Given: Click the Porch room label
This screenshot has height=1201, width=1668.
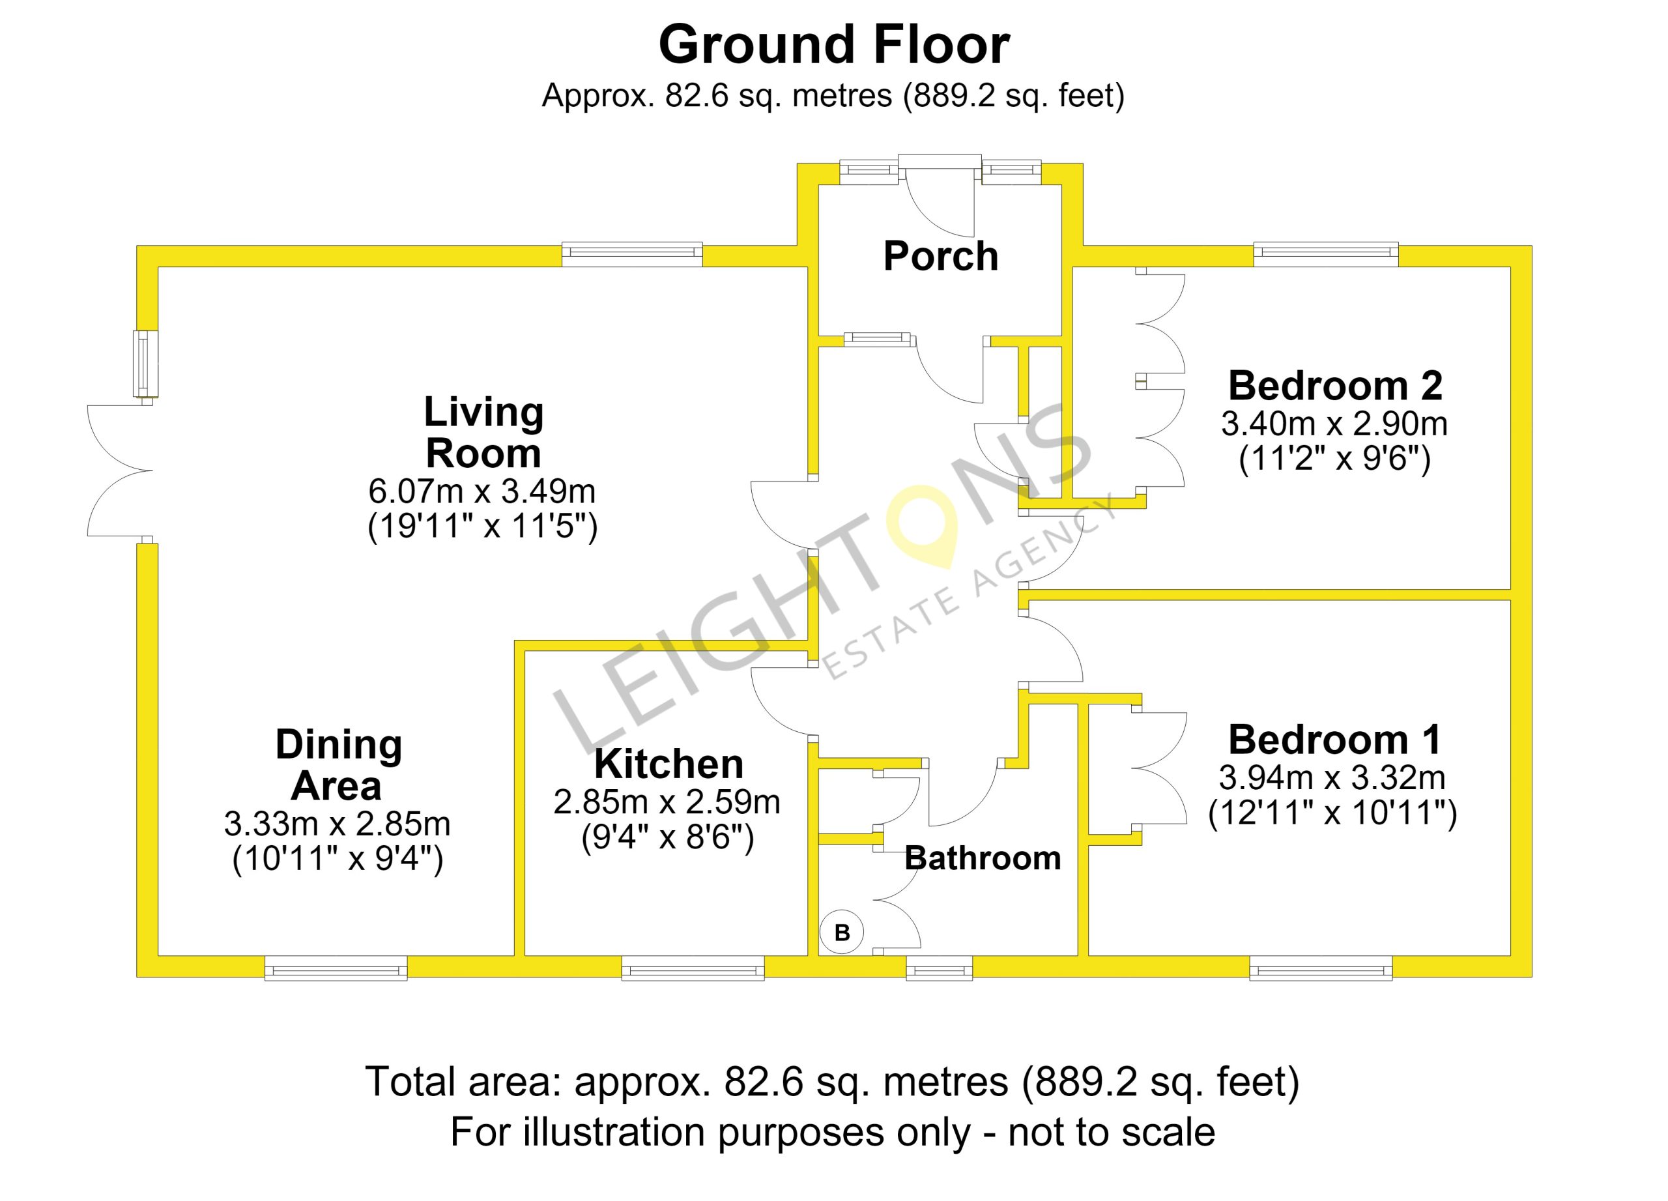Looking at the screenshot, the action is [x=941, y=257].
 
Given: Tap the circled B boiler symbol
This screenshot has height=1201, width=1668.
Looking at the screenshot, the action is [x=842, y=933].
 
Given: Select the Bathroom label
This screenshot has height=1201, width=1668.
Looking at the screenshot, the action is [x=983, y=858].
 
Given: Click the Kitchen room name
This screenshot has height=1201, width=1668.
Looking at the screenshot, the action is [x=669, y=764].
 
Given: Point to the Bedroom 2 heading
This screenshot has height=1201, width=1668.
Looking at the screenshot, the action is [x=1335, y=385].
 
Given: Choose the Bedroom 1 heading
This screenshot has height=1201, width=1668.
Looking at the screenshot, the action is [x=1334, y=739].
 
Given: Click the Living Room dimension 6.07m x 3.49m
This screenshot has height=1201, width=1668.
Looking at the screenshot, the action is [x=482, y=491].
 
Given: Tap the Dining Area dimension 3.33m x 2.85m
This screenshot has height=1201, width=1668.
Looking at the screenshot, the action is [x=337, y=824].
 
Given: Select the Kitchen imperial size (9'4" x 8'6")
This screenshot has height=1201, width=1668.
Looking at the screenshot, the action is [x=668, y=837].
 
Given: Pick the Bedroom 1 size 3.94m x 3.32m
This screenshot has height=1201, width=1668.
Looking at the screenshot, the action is [x=1332, y=777].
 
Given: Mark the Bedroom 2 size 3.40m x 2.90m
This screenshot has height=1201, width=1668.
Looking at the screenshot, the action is [x=1334, y=424].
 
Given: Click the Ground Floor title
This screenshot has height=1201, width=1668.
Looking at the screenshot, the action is [x=834, y=46].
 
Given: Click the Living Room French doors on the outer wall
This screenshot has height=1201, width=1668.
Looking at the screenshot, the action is [x=120, y=470].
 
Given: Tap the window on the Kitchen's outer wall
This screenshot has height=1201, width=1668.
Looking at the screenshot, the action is [x=693, y=968].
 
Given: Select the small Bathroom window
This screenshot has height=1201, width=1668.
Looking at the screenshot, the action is [x=939, y=968].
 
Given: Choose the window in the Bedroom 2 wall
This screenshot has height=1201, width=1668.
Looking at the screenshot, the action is [x=1326, y=254].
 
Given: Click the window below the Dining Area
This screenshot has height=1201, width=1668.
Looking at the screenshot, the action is [x=336, y=968].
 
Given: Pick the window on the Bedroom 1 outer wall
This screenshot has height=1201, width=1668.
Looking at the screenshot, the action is [x=1321, y=968].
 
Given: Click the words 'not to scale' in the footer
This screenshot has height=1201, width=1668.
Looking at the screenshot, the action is [x=1112, y=1132].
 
